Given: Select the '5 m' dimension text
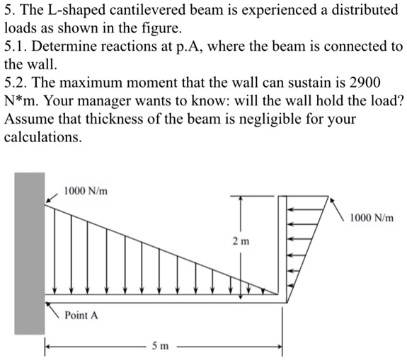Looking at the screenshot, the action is (160, 346).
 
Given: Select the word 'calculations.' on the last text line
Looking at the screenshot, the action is (43, 135).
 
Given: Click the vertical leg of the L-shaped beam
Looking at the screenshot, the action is (283, 248).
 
